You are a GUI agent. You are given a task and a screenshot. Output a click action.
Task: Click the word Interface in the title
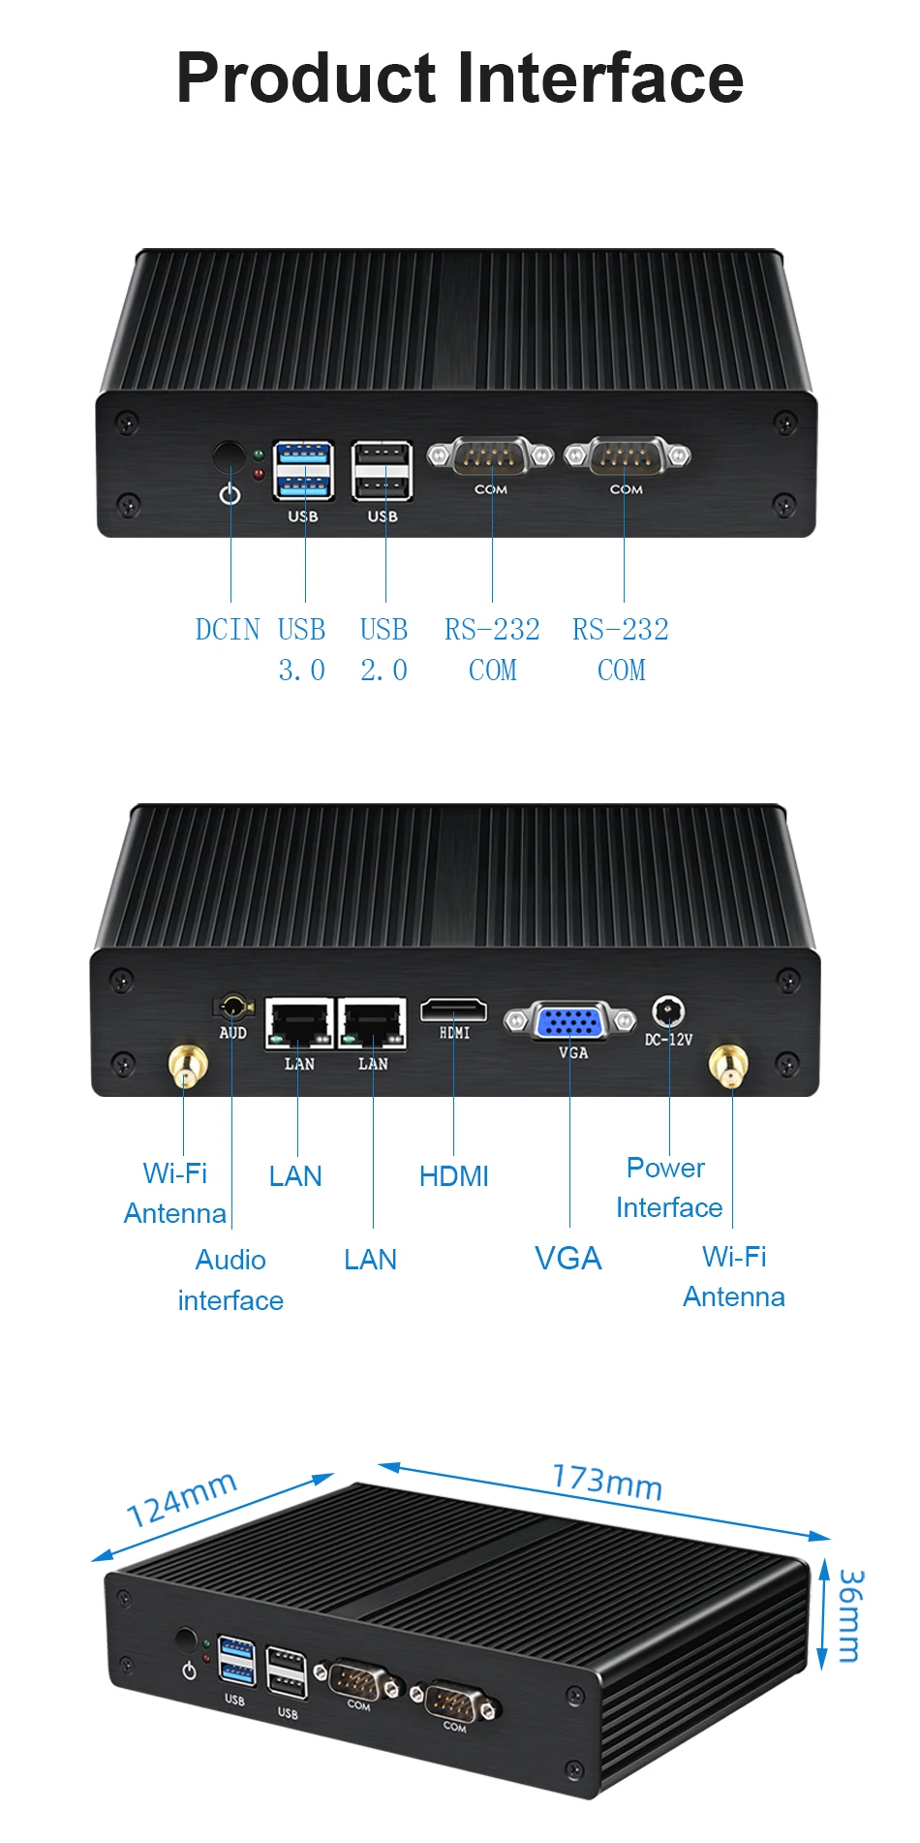tap(599, 78)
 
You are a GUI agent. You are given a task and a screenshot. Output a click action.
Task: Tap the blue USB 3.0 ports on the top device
tap(303, 470)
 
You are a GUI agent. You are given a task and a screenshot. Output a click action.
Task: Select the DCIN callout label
tap(228, 630)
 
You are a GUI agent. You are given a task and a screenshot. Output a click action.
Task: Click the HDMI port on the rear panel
tap(453, 1011)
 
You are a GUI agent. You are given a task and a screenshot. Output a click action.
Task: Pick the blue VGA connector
tap(569, 1021)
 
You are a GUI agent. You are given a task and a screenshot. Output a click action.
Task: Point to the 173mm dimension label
tap(607, 1482)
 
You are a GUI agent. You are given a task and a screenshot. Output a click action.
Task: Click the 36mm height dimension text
tap(849, 1614)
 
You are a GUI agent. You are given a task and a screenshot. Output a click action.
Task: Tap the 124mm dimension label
tap(181, 1499)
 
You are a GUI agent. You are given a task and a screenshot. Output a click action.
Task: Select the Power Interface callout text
tap(668, 1187)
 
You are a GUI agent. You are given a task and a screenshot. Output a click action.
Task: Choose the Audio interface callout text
tap(230, 1279)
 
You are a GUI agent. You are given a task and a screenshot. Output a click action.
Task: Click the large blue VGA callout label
tap(568, 1258)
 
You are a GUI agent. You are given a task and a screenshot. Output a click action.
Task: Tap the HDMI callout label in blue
tap(453, 1176)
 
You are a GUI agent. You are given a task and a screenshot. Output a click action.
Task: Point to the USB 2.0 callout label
tap(383, 649)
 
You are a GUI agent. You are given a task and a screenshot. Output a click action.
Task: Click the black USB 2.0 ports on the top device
tap(383, 471)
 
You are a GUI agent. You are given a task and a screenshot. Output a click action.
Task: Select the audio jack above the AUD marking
tap(232, 1007)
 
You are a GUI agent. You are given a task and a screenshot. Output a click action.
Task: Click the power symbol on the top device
tap(230, 495)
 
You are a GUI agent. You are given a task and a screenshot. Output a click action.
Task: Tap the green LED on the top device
tap(258, 453)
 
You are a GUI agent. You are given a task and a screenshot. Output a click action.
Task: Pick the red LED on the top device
tap(258, 474)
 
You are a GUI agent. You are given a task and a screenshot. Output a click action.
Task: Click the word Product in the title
tap(306, 78)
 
